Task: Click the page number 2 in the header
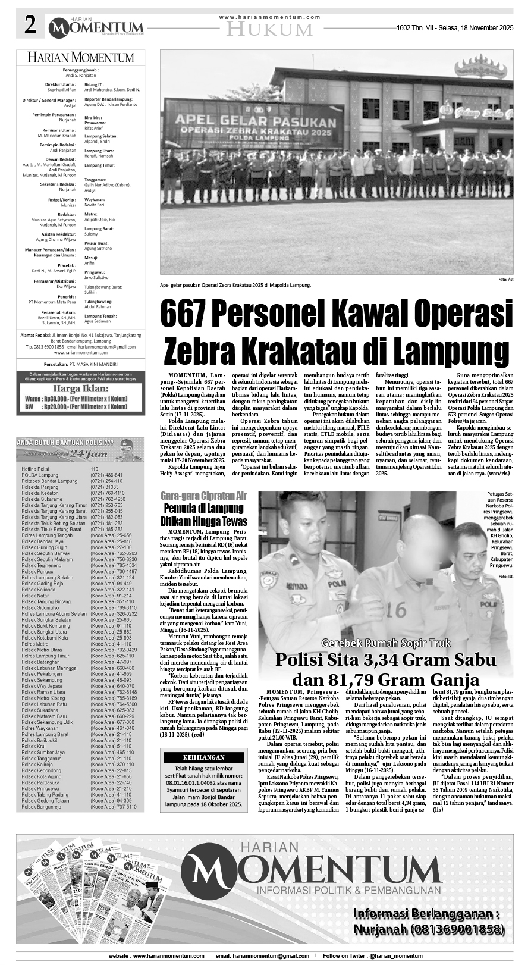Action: [x=30, y=26]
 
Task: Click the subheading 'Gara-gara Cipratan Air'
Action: [x=203, y=496]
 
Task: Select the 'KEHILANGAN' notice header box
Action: [x=203, y=757]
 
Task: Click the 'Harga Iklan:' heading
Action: [x=80, y=388]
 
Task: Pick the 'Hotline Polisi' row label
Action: [x=36, y=469]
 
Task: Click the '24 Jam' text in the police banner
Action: [x=80, y=453]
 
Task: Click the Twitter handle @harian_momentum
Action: [x=392, y=955]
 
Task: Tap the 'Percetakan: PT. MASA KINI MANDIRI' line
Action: [x=80, y=364]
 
